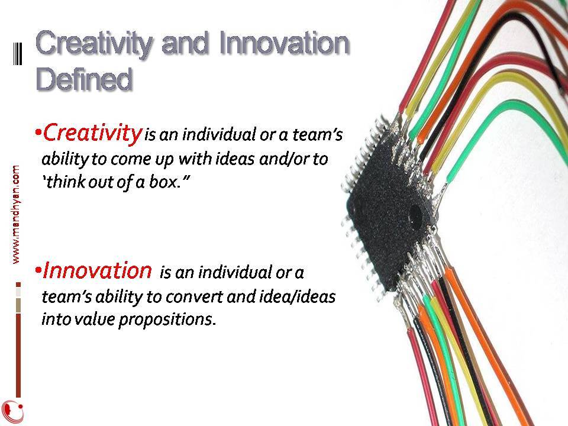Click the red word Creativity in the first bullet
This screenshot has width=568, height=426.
pyautogui.click(x=92, y=133)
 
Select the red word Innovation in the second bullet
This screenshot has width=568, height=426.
pyautogui.click(x=97, y=270)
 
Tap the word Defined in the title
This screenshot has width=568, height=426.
pyautogui.click(x=84, y=79)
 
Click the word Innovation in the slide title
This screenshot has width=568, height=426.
pyautogui.click(x=284, y=43)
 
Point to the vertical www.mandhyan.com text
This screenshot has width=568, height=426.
pyautogui.click(x=16, y=214)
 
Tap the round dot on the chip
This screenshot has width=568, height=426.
pyautogui.click(x=415, y=216)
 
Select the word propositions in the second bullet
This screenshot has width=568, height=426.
pyautogui.click(x=167, y=320)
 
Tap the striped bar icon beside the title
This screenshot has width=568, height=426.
pyautogui.click(x=18, y=54)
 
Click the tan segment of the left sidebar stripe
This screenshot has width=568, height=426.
pyautogui.click(x=18, y=305)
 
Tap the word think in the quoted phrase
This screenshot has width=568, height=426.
pyautogui.click(x=66, y=181)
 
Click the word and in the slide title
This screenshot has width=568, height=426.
pyautogui.click(x=185, y=43)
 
